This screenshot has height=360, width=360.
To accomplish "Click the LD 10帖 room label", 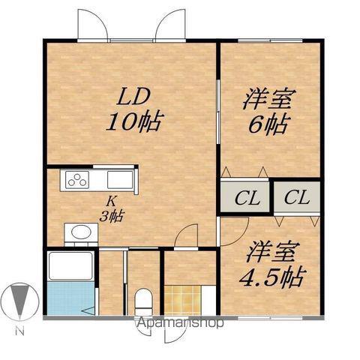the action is coord(135,110).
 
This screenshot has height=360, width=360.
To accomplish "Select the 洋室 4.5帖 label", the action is coord(272,264).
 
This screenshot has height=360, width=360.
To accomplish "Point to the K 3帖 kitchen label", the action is coord(112,209).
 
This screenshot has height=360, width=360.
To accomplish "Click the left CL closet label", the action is coord(247,199).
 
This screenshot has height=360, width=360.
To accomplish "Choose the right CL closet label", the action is coord(297,198).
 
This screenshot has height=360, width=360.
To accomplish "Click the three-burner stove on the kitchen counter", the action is coord(77,180).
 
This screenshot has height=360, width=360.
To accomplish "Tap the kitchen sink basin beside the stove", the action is coord(120,180).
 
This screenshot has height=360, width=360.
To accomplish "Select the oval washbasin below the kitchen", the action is coord(81,232).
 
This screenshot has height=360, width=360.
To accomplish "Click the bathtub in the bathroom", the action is coord(70,265).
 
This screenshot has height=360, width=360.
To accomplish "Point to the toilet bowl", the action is coord(143,301).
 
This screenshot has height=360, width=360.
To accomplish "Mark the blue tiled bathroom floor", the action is coord(70,298).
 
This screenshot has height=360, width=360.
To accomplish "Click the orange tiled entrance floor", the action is coord(183,300).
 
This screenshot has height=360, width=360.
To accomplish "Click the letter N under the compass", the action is coord(19,331).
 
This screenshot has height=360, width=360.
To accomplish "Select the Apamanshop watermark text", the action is coord(179,322).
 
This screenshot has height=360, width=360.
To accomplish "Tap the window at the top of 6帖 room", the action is coord(270,40).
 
